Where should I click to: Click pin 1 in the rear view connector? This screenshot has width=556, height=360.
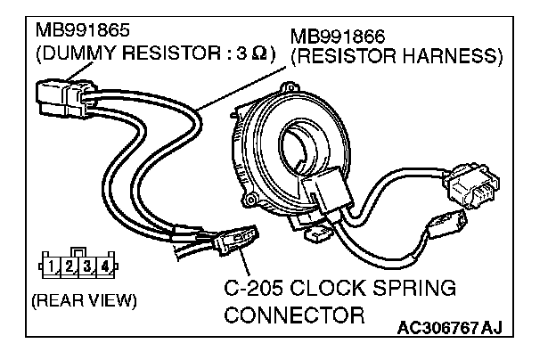coord(54,266)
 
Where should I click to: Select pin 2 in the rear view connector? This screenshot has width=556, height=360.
coord(71,266)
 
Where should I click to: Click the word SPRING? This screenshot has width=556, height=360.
coord(416,290)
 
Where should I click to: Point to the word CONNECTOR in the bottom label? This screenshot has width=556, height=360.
coord(295,315)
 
